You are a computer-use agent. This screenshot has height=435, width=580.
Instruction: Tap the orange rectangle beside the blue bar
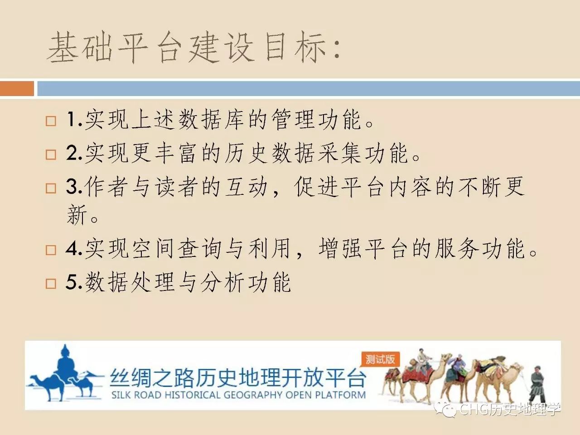click(x=17, y=88)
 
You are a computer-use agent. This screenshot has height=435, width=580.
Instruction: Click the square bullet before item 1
click(x=51, y=121)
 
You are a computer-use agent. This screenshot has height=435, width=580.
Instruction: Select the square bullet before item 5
click(x=51, y=284)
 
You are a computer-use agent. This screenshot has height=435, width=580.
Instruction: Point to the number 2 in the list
click(x=72, y=154)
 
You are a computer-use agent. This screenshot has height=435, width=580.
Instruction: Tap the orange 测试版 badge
click(x=380, y=359)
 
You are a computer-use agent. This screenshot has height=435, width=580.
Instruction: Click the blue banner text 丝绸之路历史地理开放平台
click(x=238, y=378)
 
